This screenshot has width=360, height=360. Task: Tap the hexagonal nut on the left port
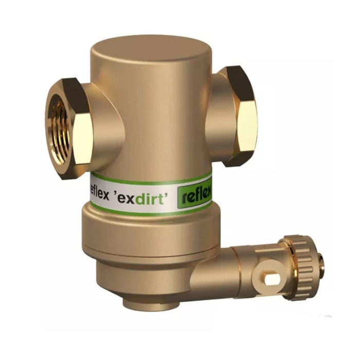[69, 129]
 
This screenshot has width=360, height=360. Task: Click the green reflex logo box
[195, 196]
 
